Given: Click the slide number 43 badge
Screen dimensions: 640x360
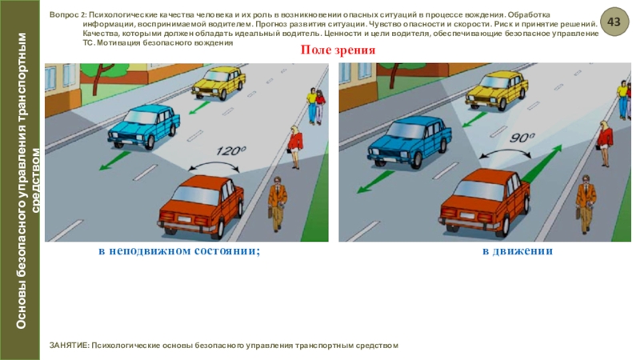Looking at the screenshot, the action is click(x=614, y=22).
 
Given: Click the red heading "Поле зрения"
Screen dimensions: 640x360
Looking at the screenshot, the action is click(x=338, y=50).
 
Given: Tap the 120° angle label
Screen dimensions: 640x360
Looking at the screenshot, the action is click(x=230, y=150).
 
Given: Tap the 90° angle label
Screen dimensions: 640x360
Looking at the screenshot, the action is click(x=522, y=138).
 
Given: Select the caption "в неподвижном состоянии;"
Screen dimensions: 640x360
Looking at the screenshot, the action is click(x=179, y=250).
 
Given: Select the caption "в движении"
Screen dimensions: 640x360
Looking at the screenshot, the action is click(x=518, y=250).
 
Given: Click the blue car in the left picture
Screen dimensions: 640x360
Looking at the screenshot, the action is click(x=143, y=126).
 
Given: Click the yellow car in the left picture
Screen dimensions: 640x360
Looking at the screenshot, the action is click(x=218, y=83).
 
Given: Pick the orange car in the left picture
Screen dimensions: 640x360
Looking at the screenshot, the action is click(x=202, y=206).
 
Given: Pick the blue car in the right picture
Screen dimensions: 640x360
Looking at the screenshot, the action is click(x=410, y=142).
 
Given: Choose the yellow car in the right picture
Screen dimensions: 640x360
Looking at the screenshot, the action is click(x=497, y=90).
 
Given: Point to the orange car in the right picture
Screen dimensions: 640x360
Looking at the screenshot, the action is click(x=485, y=202).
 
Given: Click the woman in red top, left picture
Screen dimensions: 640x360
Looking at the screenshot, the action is click(x=295, y=147).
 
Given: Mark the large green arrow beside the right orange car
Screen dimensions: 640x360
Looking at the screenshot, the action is click(x=542, y=163).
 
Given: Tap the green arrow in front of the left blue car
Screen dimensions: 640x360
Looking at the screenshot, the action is click(x=115, y=161).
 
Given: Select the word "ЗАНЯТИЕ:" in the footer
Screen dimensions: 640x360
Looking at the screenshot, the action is click(x=69, y=346).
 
